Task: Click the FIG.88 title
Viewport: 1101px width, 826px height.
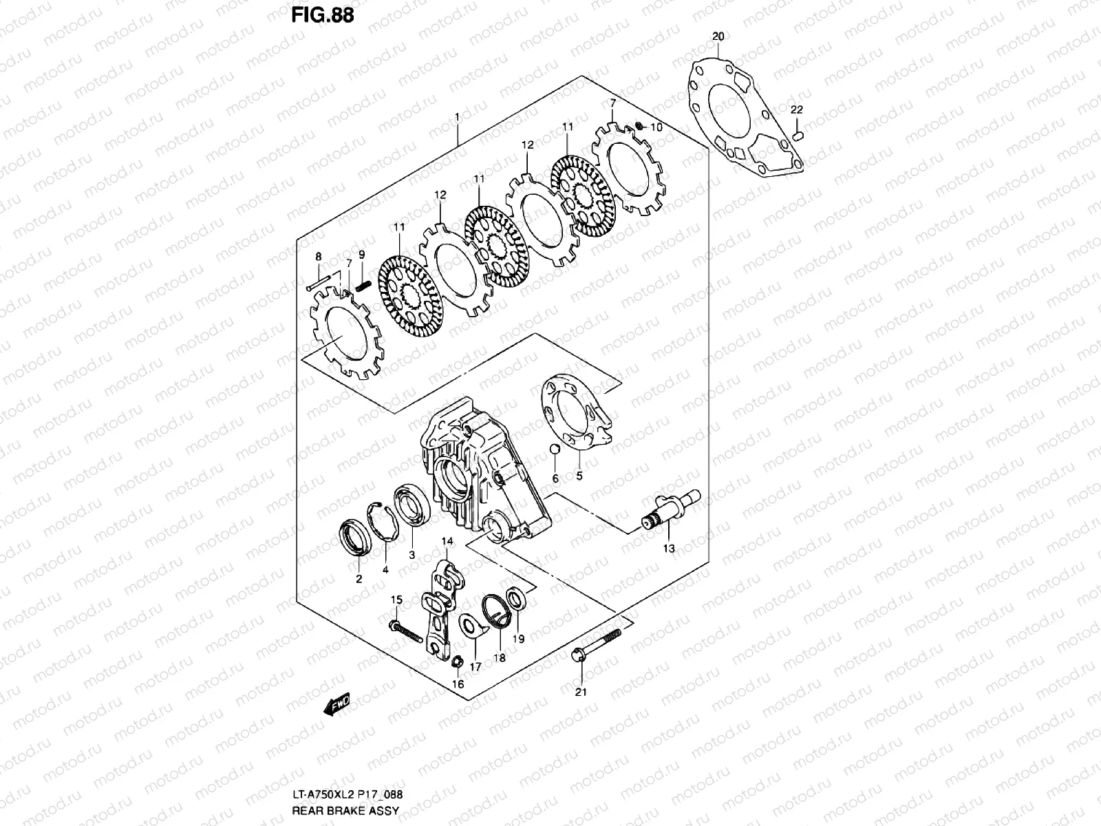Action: tap(323, 15)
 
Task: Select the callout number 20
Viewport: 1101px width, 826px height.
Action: tap(718, 36)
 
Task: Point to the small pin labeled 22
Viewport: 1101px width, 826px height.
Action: tap(797, 136)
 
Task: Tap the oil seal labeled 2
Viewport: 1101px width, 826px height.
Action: tap(356, 538)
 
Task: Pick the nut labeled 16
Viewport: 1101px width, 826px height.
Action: tap(456, 662)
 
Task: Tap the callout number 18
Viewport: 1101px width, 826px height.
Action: tap(499, 658)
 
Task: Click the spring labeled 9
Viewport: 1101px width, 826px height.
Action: tap(363, 282)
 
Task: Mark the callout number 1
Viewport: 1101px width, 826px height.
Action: tap(457, 118)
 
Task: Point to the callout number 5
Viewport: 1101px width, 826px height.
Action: tap(579, 476)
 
